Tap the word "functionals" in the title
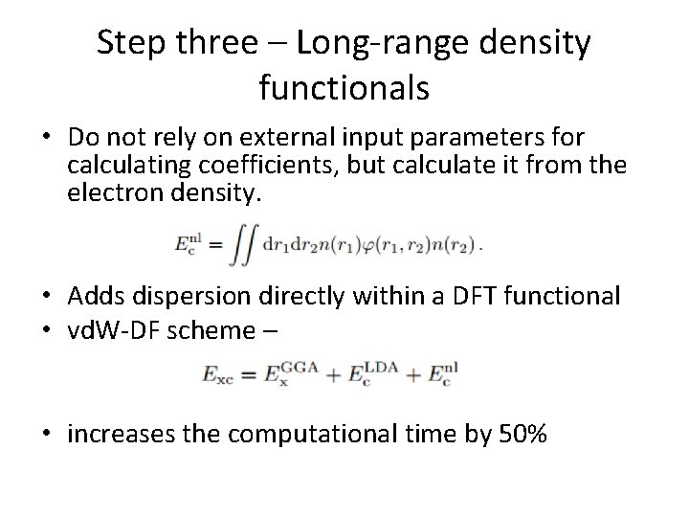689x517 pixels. click(x=344, y=88)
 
